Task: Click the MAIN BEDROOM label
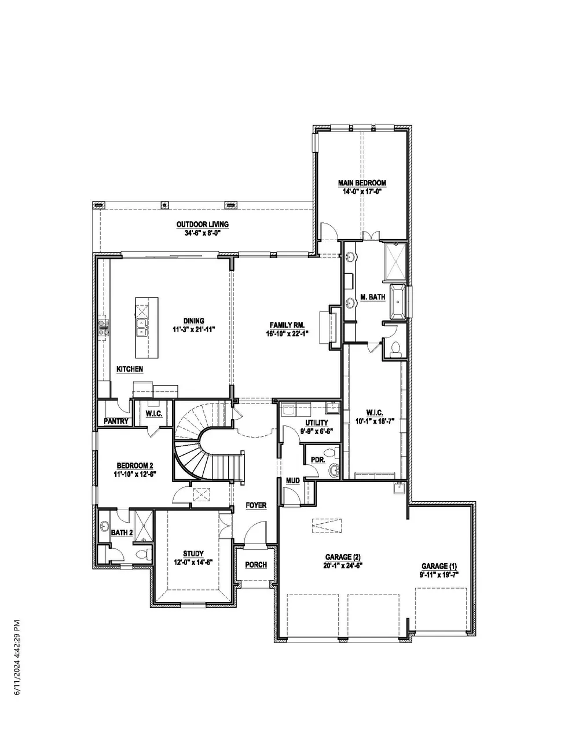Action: pyautogui.click(x=362, y=183)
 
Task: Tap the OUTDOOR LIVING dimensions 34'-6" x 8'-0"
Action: pyautogui.click(x=202, y=233)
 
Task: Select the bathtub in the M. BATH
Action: pyautogui.click(x=398, y=302)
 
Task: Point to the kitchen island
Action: pyautogui.click(x=147, y=328)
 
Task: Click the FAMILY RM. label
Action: pyautogui.click(x=287, y=325)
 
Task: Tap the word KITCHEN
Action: pyautogui.click(x=130, y=369)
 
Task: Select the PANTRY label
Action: pyautogui.click(x=116, y=421)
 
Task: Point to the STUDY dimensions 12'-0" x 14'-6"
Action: pyautogui.click(x=193, y=562)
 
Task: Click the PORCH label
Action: pyautogui.click(x=256, y=564)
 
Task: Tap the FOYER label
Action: pyautogui.click(x=256, y=505)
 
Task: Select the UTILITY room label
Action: pyautogui.click(x=317, y=423)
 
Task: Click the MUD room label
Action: pyautogui.click(x=293, y=480)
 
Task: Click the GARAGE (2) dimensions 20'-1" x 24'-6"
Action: pyautogui.click(x=343, y=566)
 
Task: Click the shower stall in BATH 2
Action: pyautogui.click(x=143, y=526)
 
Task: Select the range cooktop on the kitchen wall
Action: pyautogui.click(x=104, y=328)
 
